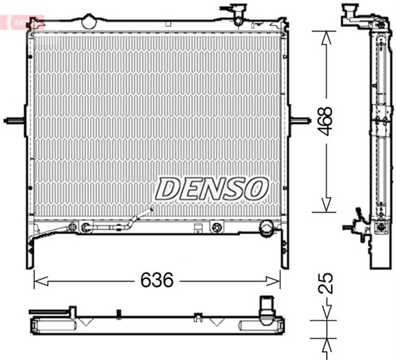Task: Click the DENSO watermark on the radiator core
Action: [212, 187]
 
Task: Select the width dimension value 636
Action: [155, 280]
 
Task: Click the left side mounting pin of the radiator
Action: [14, 119]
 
